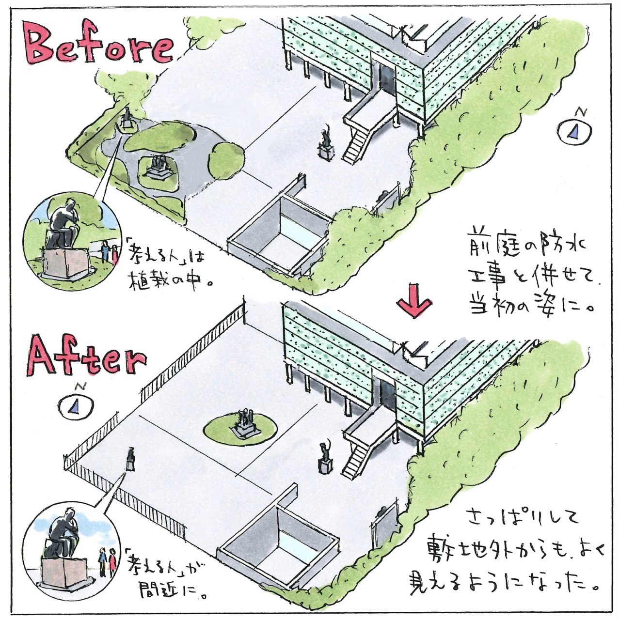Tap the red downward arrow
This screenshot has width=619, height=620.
pyautogui.click(x=414, y=301)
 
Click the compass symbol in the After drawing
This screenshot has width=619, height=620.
pyautogui.click(x=77, y=403)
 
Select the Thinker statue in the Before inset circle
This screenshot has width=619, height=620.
pyautogui.click(x=63, y=225)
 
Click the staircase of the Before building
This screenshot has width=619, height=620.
pyautogui.click(x=356, y=145)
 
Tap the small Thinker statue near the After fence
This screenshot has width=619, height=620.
pyautogui.click(x=130, y=459)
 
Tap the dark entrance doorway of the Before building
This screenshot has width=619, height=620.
pyautogui.click(x=386, y=80)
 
